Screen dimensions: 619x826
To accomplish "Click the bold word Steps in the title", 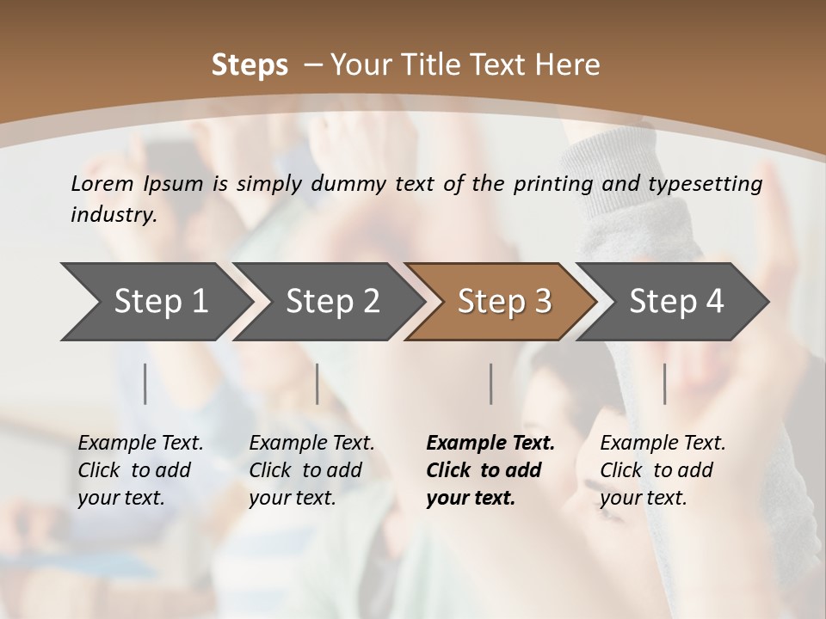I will click(x=250, y=65).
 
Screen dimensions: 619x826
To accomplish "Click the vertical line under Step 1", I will click(x=145, y=383).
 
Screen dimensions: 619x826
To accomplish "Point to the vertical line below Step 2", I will click(x=317, y=383).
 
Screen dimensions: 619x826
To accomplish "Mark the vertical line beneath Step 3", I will click(x=490, y=383).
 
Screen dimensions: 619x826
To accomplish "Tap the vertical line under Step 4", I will click(x=664, y=383).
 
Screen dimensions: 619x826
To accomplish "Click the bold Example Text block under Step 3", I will click(x=490, y=470).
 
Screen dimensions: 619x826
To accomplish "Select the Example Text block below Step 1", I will click(x=140, y=470).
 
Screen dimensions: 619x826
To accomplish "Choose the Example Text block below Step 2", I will click(x=311, y=470).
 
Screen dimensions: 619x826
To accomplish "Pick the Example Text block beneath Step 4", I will click(x=663, y=470).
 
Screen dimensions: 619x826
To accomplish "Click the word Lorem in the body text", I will click(x=102, y=183).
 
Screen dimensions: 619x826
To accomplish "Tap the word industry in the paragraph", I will click(x=114, y=214).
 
